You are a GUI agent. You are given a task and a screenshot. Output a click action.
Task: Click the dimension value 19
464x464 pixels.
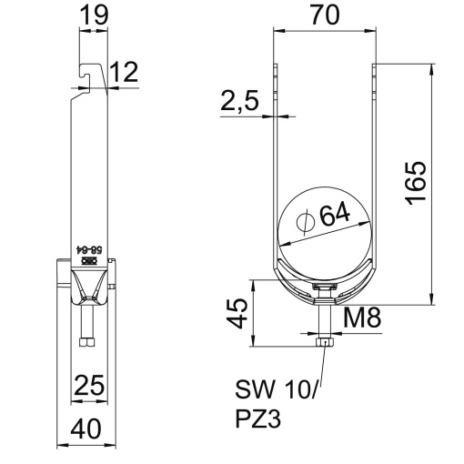pyautogui.click(x=93, y=15)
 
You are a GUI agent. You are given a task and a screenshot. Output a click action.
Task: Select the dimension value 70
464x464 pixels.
pyautogui.click(x=326, y=15)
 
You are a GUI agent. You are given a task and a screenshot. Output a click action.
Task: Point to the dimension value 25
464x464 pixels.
pyautogui.click(x=87, y=385)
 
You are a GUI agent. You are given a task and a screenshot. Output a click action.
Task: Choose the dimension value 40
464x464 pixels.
pyautogui.click(x=87, y=428)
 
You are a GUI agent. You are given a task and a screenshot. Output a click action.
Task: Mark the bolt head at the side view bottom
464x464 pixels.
pyautogui.click(x=86, y=345)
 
